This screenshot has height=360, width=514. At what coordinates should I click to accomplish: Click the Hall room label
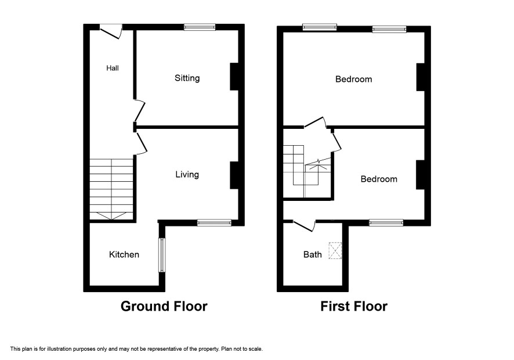point(113,68)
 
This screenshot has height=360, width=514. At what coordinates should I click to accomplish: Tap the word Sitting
point(187,78)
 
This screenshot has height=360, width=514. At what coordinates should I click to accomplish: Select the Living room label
point(187,175)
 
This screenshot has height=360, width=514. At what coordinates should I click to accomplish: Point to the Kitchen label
point(124,254)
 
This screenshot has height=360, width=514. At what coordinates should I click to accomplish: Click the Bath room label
point(312,254)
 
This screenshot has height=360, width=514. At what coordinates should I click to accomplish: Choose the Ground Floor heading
point(164,306)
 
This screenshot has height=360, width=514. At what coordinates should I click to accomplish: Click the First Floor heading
point(354,306)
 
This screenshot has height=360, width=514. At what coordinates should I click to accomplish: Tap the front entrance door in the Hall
point(111,31)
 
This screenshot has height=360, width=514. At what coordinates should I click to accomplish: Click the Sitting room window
point(200,27)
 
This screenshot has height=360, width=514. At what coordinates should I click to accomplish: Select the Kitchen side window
point(162,255)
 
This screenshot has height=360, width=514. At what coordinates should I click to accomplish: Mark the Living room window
point(215,223)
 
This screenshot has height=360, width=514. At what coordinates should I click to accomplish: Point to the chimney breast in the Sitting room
point(234,77)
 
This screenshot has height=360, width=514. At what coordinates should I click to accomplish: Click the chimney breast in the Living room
point(234,175)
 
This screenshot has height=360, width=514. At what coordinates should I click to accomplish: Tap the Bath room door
point(304,226)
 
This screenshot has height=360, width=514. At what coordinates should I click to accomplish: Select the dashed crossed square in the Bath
point(335,251)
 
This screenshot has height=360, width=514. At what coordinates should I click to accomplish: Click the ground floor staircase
point(111,189)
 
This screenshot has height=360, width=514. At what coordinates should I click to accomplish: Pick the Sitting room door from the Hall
point(140,110)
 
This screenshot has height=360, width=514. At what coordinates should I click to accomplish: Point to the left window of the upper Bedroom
point(320,27)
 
